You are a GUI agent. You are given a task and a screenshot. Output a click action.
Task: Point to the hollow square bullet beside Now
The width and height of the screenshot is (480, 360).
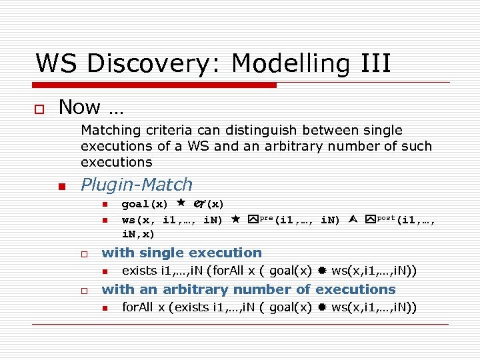tap(41, 108)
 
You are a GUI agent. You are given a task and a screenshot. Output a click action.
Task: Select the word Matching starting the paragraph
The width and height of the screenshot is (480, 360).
tap(110, 131)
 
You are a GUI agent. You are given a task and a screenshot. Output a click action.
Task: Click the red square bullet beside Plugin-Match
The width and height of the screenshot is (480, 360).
tap(62, 187)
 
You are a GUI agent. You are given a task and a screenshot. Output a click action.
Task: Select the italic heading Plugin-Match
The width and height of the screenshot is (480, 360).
tap(136, 185)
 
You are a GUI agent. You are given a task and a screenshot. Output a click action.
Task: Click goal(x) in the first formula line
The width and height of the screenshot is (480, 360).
tap(145, 204)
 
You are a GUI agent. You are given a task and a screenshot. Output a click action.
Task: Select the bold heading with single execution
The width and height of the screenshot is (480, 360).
tap(181, 253)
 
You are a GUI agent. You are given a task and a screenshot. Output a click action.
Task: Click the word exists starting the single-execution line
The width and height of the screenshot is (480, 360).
tap(139, 271)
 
